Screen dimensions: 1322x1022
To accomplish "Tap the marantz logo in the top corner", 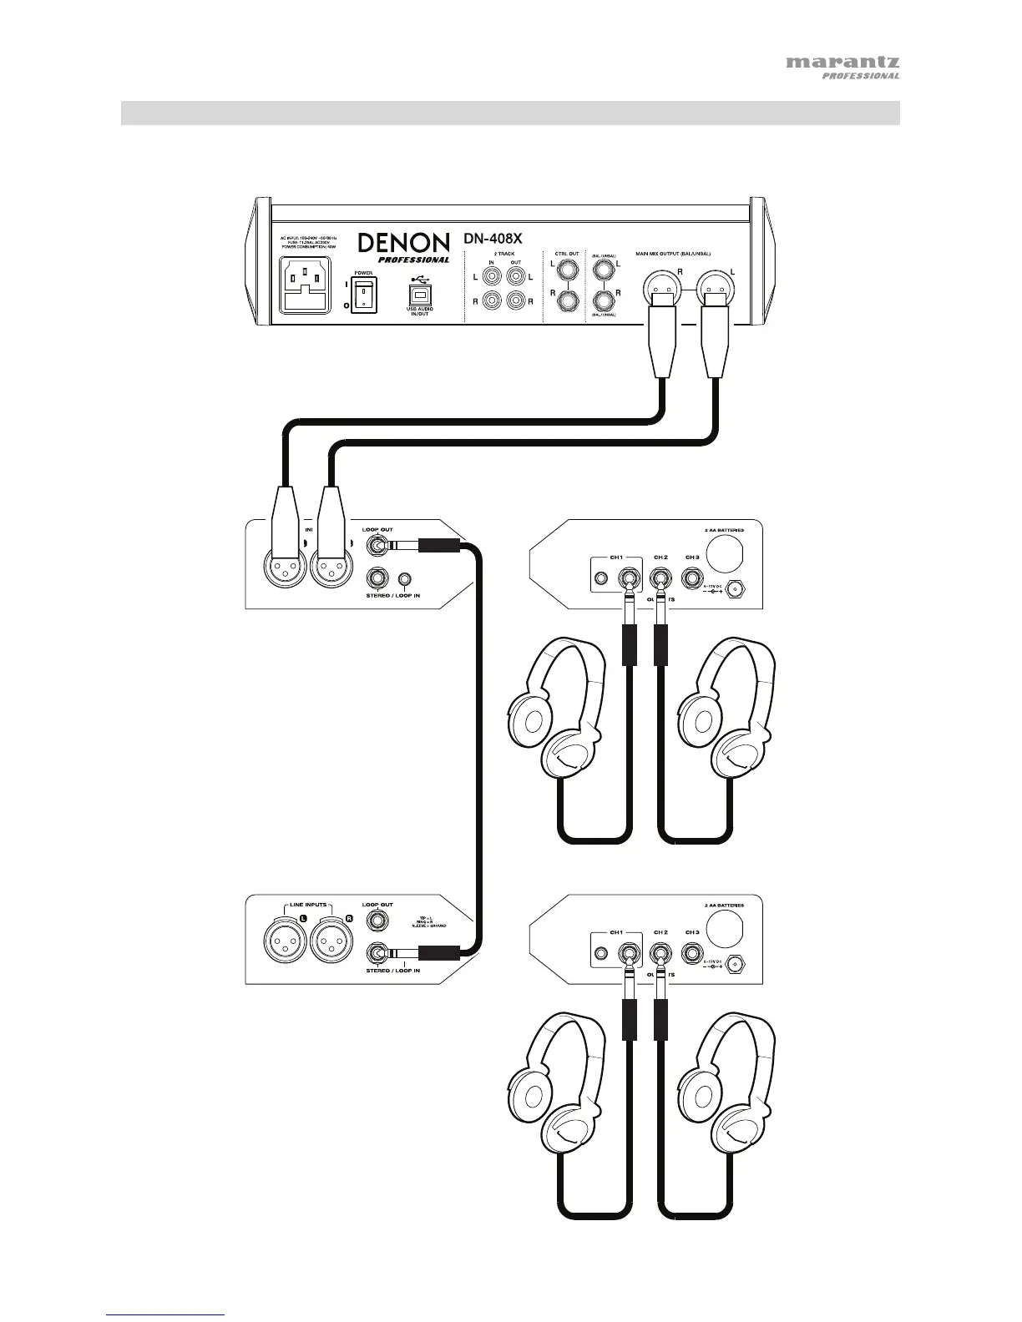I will click(x=842, y=63).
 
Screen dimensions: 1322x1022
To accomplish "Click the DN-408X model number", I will click(x=493, y=239).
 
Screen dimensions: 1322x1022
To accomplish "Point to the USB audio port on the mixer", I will click(x=420, y=293).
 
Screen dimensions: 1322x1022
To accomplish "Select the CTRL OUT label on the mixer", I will click(x=567, y=253).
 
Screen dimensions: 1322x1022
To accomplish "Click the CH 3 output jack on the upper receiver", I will click(x=692, y=578).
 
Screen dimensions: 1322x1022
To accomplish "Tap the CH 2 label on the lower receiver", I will click(x=660, y=932).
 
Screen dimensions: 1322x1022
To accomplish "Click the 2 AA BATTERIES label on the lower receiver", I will click(x=724, y=906).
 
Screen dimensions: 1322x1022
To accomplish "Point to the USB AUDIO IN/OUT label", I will click(x=420, y=312).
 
